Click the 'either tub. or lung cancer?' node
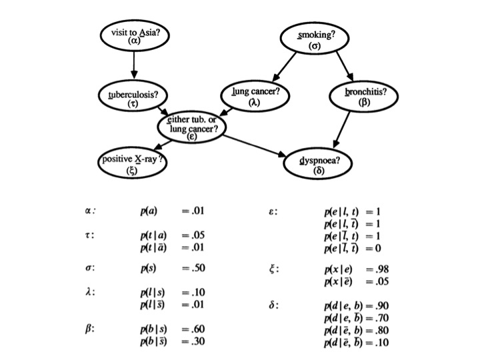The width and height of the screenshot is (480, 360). click(191, 124)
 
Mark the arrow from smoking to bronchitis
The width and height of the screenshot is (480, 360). click(345, 67)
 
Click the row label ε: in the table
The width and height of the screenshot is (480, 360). click(273, 212)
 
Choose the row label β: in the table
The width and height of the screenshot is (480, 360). click(89, 329)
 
